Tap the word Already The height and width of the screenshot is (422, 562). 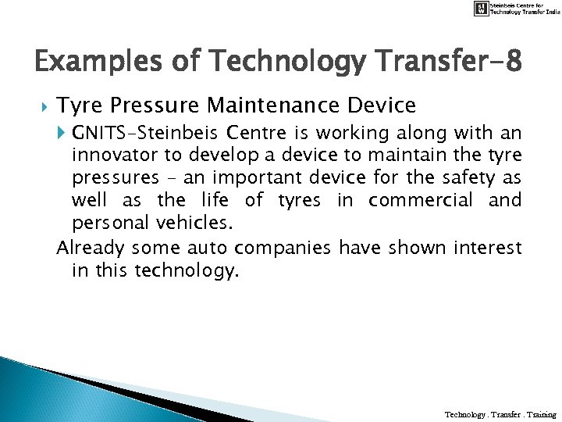click(90, 249)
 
